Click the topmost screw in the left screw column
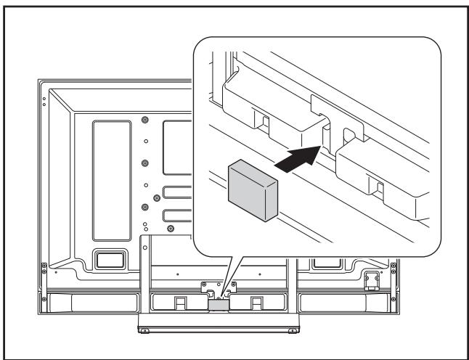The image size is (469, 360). tap(145, 118)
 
